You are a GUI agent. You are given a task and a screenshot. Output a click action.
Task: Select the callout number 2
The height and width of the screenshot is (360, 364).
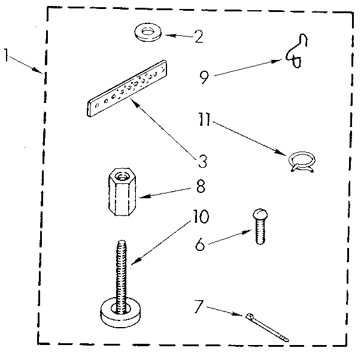coord(198,37)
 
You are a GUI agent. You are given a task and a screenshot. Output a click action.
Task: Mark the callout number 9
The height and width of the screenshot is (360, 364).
coord(204,77)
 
